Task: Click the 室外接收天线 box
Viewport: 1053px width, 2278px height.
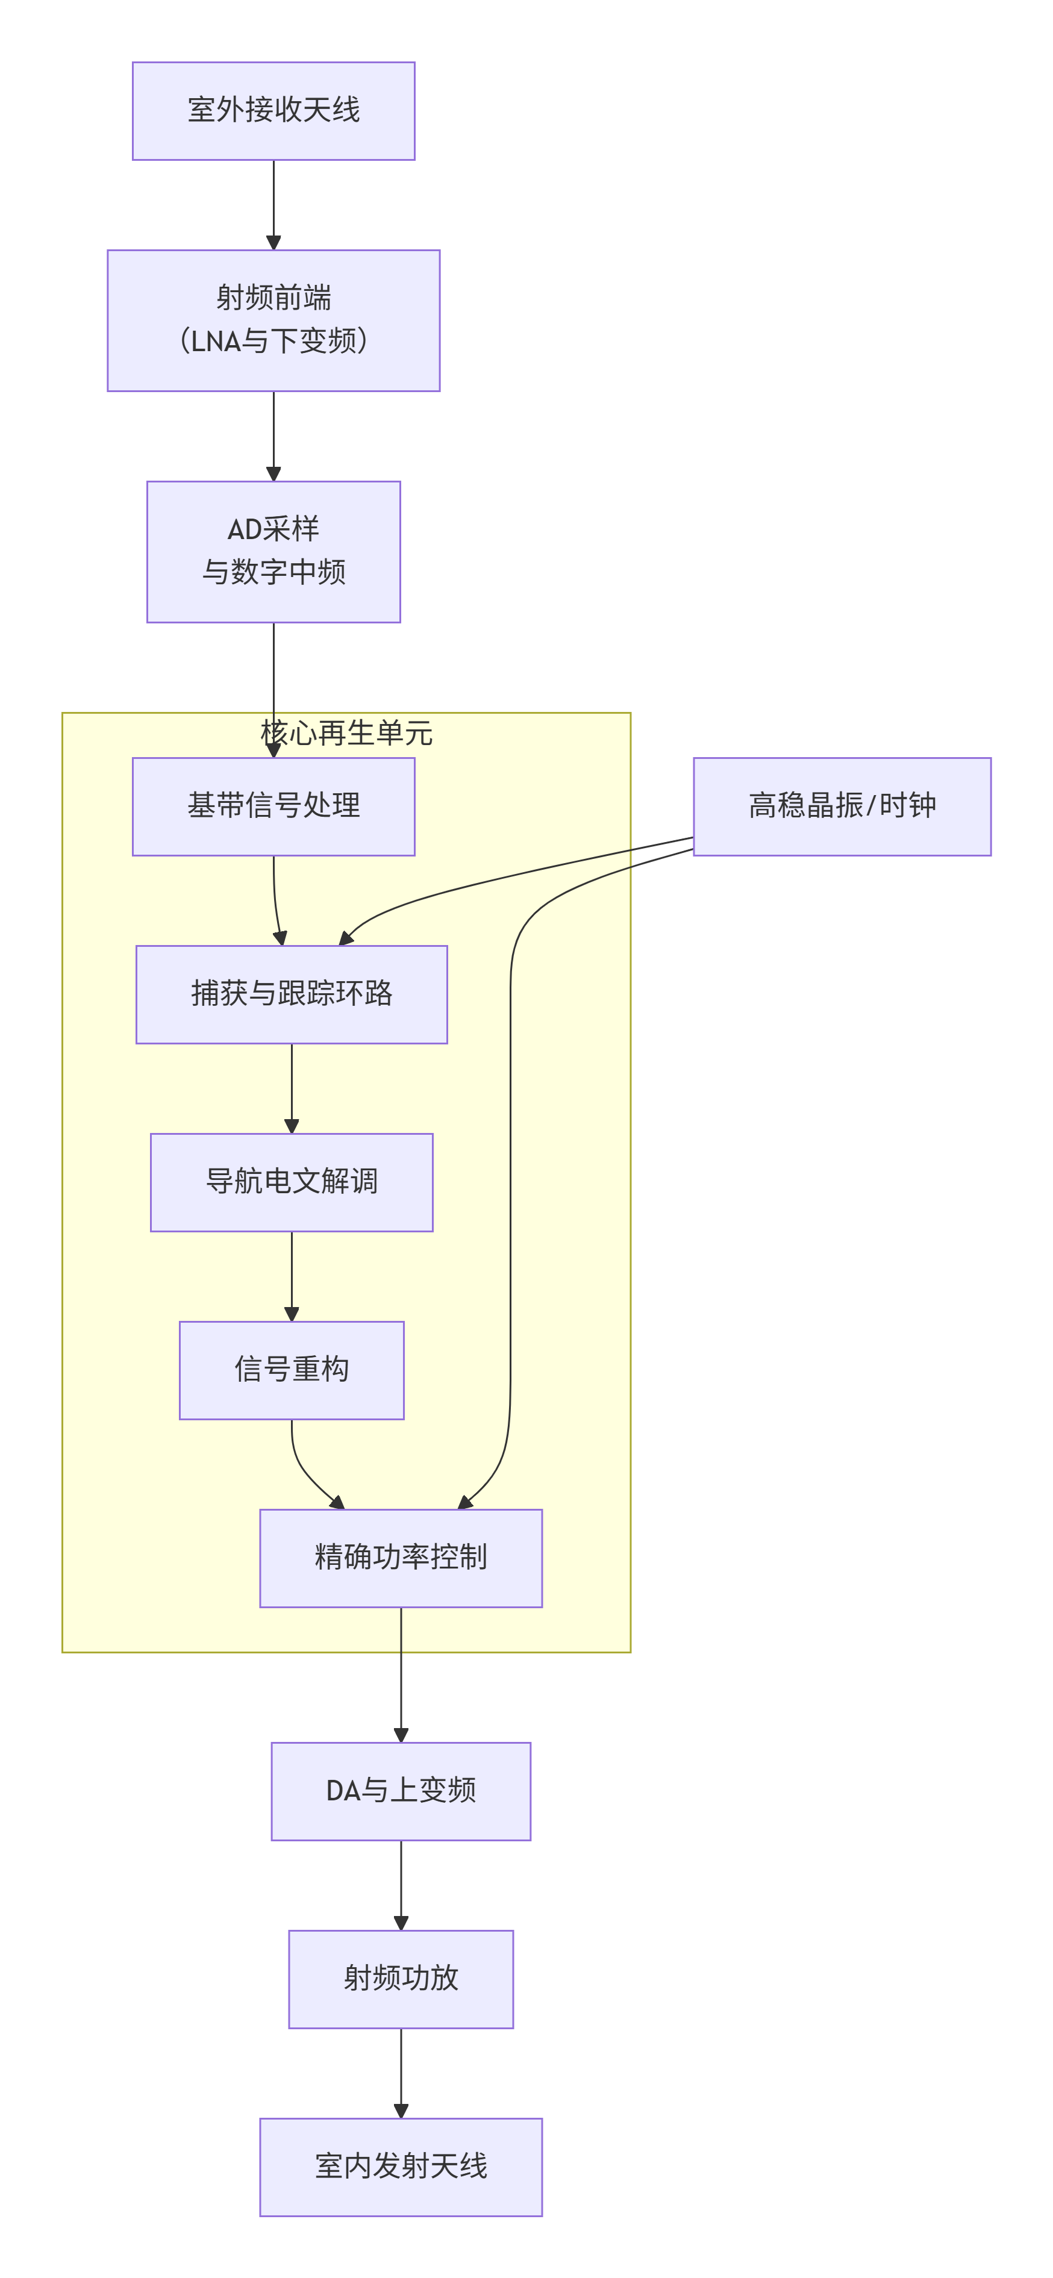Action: [273, 111]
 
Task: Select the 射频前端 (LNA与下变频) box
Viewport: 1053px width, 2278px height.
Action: [273, 320]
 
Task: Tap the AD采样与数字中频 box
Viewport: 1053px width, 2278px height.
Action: [273, 551]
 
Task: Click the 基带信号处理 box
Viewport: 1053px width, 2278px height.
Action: [273, 806]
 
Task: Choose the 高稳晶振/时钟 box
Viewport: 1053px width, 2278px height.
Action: [842, 806]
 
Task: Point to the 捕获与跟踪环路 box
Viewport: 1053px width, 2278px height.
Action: [291, 994]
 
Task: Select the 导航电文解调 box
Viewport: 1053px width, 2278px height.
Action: [291, 1181]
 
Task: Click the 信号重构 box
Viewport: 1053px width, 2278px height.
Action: [291, 1370]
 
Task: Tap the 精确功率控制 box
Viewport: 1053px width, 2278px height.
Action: [401, 1557]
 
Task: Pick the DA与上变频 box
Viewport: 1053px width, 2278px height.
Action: [401, 1791]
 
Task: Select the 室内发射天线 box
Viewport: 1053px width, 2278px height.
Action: [401, 2167]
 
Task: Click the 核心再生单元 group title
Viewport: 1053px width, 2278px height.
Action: [346, 733]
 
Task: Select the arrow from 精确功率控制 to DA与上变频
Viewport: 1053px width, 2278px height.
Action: [401, 1674]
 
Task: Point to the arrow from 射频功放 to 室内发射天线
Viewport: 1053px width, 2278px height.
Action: [401, 2073]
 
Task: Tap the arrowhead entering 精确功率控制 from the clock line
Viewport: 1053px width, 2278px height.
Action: [465, 1502]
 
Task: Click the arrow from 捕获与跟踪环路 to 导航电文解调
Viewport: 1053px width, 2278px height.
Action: [291, 1088]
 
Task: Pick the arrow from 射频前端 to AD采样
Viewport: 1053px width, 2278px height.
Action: [273, 436]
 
